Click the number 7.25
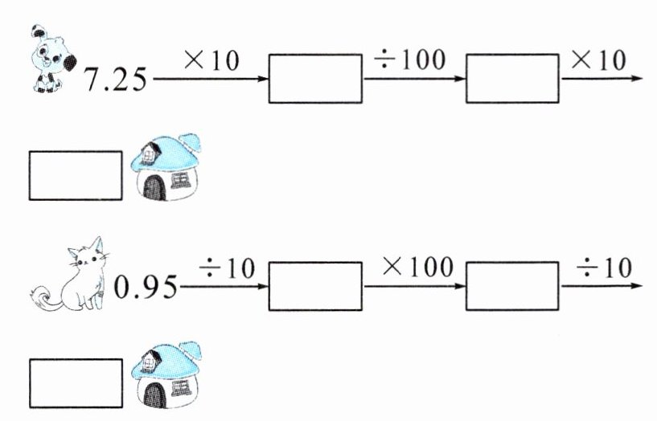click(x=117, y=81)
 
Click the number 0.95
click(x=145, y=287)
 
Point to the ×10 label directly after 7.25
click(x=211, y=60)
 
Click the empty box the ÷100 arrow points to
click(x=512, y=79)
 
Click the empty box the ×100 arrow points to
click(x=512, y=285)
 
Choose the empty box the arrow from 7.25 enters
click(x=314, y=79)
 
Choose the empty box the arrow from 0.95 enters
click(x=314, y=285)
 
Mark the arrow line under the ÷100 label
click(x=413, y=80)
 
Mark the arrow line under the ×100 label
click(x=413, y=286)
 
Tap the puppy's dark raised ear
click(x=38, y=31)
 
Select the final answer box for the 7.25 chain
click(x=75, y=174)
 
